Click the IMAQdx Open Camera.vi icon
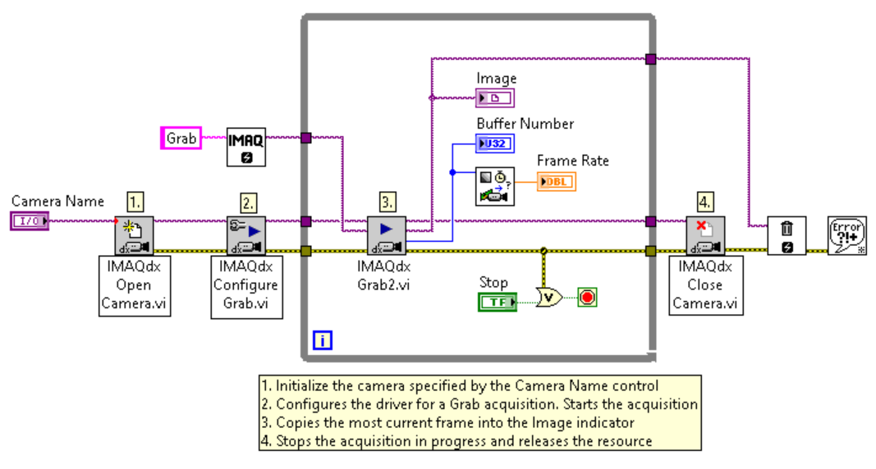click(x=134, y=235)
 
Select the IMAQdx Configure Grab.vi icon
click(x=246, y=235)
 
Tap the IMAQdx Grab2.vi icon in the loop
click(x=387, y=235)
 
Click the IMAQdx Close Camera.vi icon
click(x=705, y=235)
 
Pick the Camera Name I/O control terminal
click(x=30, y=220)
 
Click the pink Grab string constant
click(x=181, y=139)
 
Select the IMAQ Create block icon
click(x=246, y=147)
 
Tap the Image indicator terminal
click(x=495, y=98)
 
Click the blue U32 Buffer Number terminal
click(x=495, y=143)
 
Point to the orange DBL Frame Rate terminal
click(x=557, y=181)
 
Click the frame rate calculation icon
click(x=495, y=186)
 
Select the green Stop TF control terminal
click(x=497, y=303)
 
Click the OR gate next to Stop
click(x=548, y=297)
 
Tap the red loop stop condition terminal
click(x=587, y=297)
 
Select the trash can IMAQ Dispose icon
click(x=787, y=236)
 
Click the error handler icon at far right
click(x=846, y=236)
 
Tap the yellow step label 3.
click(x=387, y=201)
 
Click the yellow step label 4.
click(x=705, y=201)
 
